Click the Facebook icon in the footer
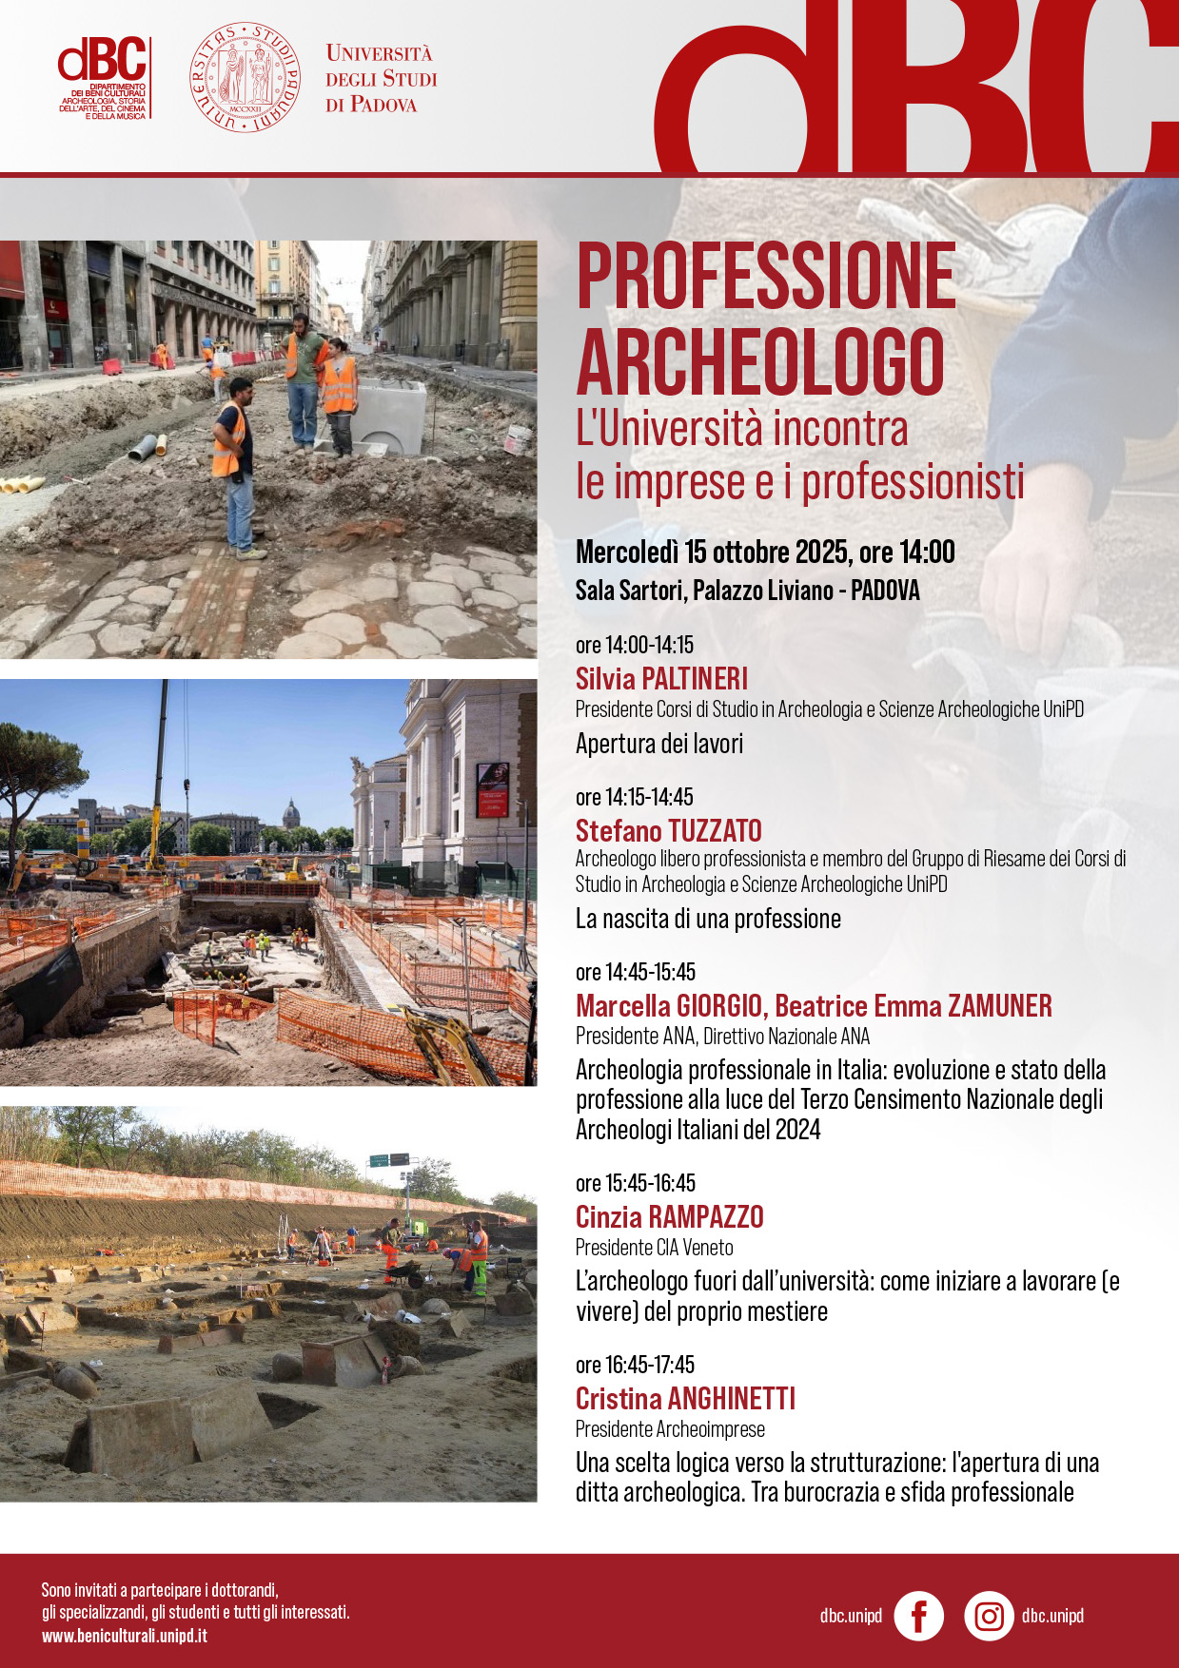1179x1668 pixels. (919, 1616)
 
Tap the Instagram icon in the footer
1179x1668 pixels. (989, 1616)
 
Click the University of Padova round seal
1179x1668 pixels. (245, 78)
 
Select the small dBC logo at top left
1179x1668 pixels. (103, 76)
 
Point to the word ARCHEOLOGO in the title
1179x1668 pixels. (760, 362)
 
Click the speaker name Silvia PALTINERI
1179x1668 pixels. (661, 679)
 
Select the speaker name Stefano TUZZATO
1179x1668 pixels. (668, 831)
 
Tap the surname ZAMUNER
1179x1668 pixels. (999, 1006)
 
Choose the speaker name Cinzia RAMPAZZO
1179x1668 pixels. (669, 1217)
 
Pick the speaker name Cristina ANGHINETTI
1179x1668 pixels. (685, 1399)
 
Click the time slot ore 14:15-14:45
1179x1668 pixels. (634, 797)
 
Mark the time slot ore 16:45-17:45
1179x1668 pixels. (635, 1365)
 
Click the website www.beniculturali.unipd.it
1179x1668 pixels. (125, 1636)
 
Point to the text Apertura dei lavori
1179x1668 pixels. (658, 744)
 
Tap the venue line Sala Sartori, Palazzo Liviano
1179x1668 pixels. (747, 591)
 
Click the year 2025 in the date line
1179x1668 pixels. (821, 552)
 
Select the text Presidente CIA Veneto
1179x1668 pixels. (654, 1248)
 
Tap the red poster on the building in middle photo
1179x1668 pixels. (492, 789)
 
